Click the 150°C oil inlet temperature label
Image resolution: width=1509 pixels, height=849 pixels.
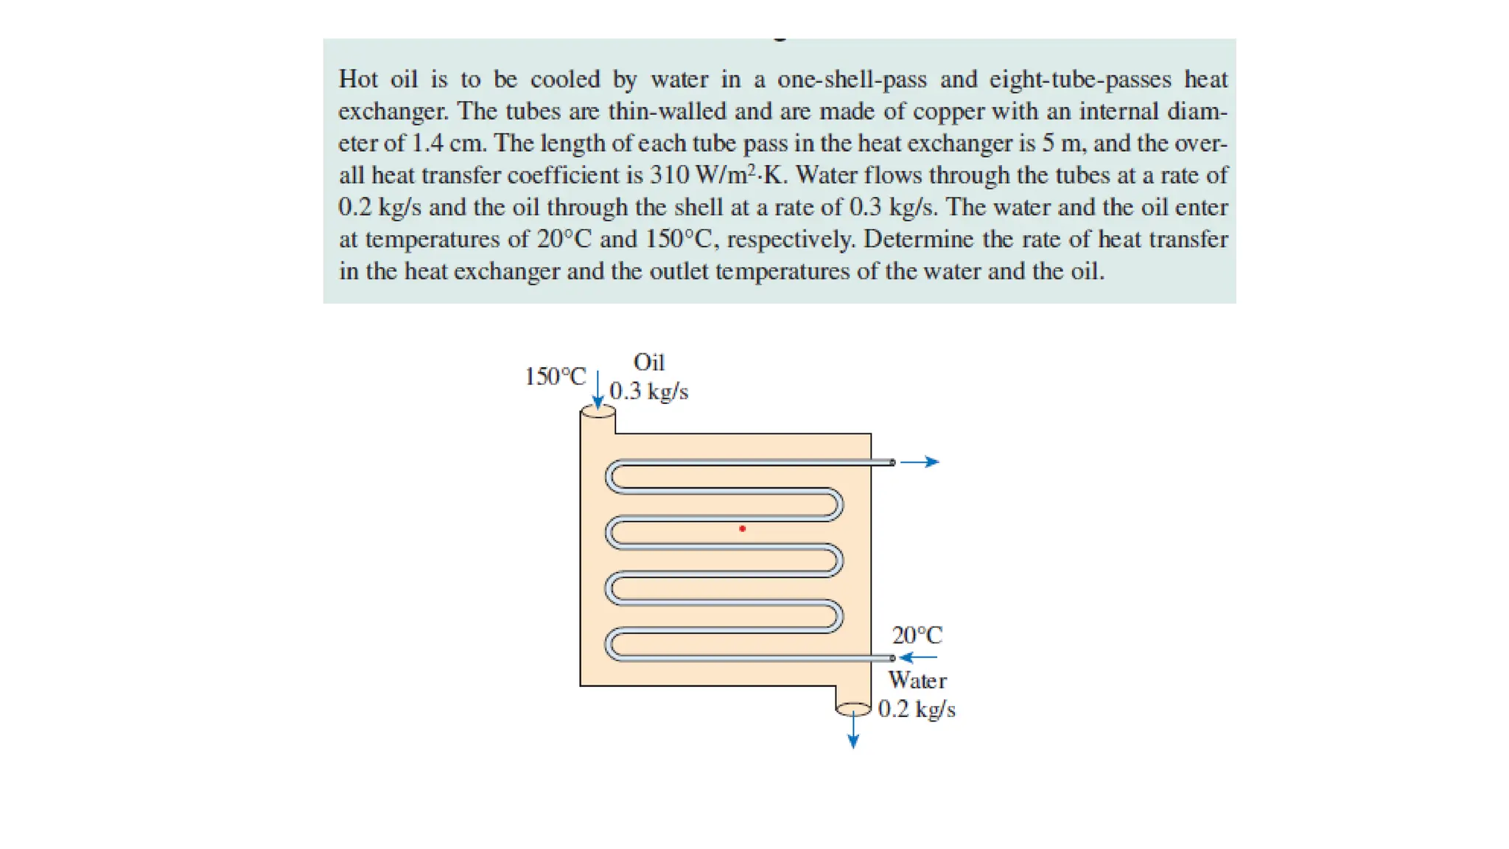click(555, 377)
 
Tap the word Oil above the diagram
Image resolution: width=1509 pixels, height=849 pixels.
click(649, 362)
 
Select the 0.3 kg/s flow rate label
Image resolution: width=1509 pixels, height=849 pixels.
click(649, 391)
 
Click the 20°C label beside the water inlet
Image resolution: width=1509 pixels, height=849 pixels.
click(917, 635)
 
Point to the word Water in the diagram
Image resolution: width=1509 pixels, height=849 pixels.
click(917, 679)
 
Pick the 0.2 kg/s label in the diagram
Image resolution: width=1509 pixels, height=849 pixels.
click(917, 709)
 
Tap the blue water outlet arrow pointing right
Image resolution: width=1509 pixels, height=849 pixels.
click(920, 462)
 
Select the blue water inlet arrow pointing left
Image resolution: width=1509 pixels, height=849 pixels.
click(918, 657)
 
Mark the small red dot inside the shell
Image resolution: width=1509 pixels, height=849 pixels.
click(742, 528)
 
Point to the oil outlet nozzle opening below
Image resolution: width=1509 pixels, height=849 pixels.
click(853, 709)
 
